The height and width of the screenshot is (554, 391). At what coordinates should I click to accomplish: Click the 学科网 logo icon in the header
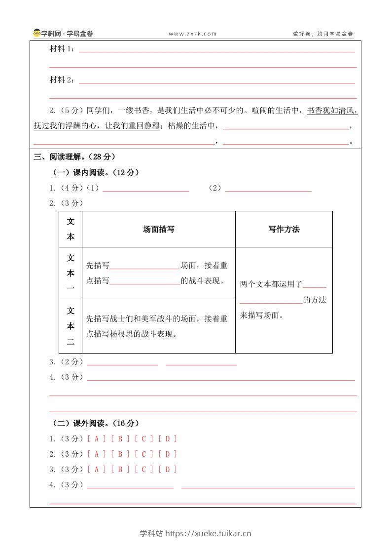[37, 34]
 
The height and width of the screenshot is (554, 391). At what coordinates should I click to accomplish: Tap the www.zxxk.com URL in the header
[192, 34]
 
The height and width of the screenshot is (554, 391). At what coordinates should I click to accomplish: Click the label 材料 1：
[63, 49]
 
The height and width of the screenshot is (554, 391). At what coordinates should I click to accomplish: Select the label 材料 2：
[63, 80]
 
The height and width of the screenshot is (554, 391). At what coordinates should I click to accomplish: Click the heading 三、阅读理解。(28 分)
[74, 157]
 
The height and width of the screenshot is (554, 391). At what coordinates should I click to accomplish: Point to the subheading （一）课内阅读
[96, 172]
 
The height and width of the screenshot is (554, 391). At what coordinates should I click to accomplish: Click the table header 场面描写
[158, 229]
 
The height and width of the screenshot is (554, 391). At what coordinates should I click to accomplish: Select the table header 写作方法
[284, 229]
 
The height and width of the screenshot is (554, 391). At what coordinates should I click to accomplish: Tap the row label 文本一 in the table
[71, 273]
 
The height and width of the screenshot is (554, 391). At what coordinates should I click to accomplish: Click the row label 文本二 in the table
[71, 326]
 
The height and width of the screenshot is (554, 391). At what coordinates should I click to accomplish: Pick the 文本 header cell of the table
[71, 229]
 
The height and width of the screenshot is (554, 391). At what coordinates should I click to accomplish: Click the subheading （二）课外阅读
[96, 423]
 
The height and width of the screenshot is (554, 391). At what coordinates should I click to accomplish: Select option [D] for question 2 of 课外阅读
[168, 454]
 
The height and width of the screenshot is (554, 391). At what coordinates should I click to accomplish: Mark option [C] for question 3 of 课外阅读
[144, 469]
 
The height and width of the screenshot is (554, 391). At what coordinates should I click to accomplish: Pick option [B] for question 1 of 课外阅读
[120, 438]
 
